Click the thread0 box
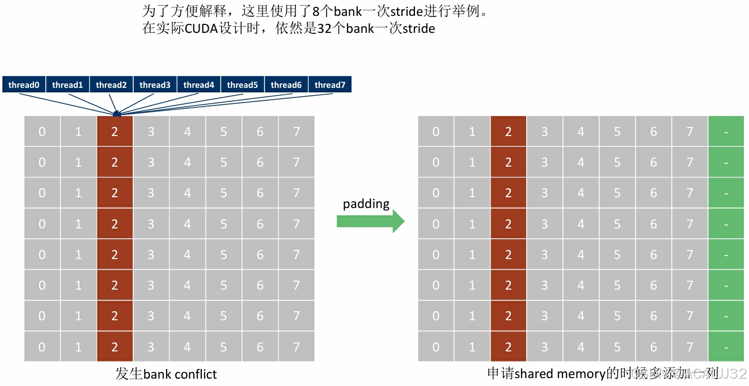24,85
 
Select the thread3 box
155,85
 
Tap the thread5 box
242,85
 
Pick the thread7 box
329,85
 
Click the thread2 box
111,85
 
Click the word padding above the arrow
366,203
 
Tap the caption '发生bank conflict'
166,374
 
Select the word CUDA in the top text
202,28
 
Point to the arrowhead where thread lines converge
116,113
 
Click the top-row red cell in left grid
115,132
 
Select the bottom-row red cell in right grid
508,347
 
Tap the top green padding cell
726,132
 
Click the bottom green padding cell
726,347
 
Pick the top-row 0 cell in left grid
42,132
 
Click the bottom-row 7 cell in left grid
296,347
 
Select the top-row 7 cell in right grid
689,132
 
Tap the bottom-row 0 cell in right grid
435,347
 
